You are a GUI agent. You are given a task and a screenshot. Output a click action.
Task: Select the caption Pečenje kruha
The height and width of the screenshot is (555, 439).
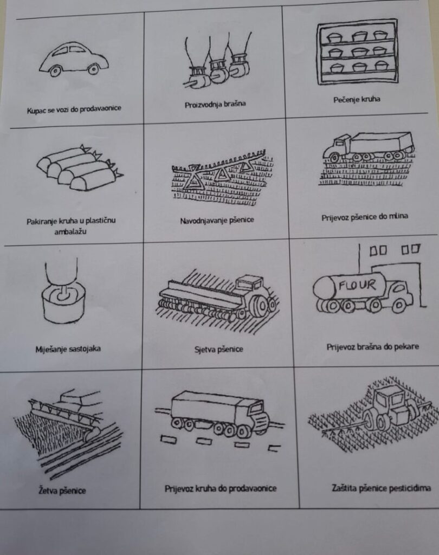coord(357,100)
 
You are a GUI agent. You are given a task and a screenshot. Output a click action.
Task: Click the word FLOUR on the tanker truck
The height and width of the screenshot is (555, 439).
coord(357,285)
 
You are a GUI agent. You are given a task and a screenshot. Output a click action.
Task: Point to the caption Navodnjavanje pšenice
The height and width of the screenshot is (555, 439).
coord(217,221)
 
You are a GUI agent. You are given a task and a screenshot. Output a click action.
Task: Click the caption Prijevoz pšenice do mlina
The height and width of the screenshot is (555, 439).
coord(365,217)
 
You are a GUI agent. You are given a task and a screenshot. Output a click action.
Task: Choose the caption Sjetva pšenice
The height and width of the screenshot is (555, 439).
coord(219,350)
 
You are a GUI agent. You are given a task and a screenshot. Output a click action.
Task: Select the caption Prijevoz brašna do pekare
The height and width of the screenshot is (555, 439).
coord(372,346)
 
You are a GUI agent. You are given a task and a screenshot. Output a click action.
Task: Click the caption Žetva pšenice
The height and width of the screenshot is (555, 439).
coord(62,491)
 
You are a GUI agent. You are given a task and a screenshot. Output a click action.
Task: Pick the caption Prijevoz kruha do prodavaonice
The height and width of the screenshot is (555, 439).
coord(220,489)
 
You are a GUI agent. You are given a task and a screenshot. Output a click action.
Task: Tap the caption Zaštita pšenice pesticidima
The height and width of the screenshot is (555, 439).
coord(381,488)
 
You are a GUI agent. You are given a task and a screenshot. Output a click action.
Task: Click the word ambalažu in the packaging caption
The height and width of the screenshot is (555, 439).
coord(70,232)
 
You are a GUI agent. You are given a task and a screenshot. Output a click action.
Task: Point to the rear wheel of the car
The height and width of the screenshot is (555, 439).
coord(93,68)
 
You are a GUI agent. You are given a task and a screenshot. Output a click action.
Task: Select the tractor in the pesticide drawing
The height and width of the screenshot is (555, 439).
coord(390,407)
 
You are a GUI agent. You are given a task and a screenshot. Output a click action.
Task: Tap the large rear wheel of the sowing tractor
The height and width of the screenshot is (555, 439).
coord(261,305)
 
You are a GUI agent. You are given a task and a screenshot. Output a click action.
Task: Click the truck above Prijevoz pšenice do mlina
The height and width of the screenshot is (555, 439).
coord(368,146)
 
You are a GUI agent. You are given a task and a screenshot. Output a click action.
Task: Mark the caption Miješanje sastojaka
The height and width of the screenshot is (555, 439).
coord(68,350)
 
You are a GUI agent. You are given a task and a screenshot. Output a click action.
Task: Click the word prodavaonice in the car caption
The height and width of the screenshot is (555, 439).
coord(102,108)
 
